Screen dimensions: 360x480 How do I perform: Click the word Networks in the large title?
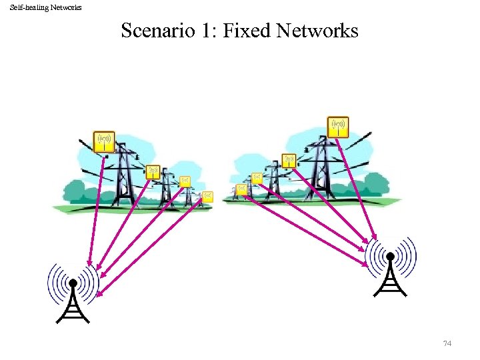[317, 31]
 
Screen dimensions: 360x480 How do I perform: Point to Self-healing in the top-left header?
[27, 7]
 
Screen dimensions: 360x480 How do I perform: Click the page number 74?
[447, 343]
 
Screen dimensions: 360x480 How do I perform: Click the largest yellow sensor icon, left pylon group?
[103, 141]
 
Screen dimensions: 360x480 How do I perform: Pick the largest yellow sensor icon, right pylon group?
[338, 126]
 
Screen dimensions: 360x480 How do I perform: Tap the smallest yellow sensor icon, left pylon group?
[207, 196]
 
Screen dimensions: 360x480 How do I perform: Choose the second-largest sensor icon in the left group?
[153, 172]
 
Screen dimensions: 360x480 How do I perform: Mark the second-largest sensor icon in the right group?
[289, 161]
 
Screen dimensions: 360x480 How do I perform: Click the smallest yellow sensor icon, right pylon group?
[242, 189]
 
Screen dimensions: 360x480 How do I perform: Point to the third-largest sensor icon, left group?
[185, 181]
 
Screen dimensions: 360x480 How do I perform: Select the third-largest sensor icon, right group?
[257, 177]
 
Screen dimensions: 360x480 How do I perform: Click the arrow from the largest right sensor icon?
[357, 187]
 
